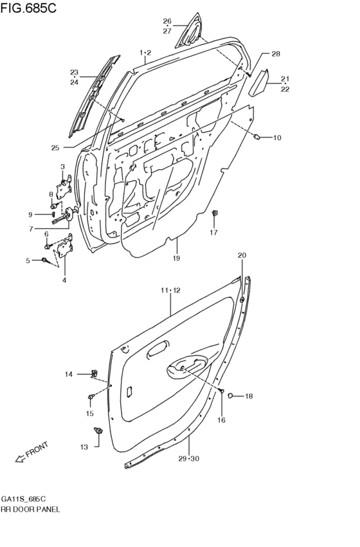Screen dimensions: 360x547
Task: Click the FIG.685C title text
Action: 28,8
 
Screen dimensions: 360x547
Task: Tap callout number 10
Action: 277,138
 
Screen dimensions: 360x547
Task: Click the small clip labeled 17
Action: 215,213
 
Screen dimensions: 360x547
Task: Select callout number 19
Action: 175,258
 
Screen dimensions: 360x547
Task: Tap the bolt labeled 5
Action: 44,260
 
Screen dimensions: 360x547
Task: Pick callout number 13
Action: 84,447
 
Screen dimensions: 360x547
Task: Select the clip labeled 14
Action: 94,373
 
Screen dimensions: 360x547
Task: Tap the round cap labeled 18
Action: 230,395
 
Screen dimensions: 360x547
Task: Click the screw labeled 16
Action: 222,391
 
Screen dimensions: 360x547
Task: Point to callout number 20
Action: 242,255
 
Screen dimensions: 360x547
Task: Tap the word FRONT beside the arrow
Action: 37,449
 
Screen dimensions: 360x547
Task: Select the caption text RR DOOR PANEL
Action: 30,509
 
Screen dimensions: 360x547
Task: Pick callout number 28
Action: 276,54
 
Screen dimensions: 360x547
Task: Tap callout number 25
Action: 55,148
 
